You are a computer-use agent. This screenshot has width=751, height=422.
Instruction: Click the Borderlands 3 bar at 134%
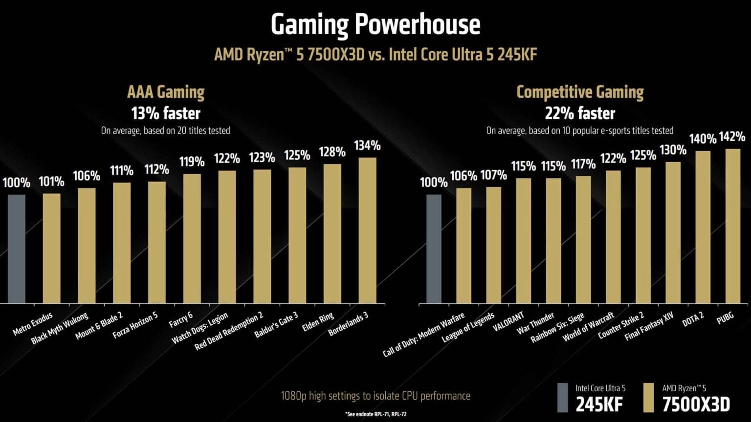(367, 230)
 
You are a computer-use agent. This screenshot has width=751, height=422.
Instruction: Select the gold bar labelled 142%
(732, 226)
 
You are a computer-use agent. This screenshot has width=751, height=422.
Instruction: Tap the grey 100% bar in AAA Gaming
(16, 249)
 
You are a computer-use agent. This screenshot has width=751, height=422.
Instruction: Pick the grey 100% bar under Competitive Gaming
(434, 249)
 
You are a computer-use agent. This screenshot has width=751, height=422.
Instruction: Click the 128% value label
(332, 152)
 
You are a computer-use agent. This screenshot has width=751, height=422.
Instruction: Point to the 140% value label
(703, 139)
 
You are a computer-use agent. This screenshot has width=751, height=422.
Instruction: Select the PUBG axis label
(725, 318)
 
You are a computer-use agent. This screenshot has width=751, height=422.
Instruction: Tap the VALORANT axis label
(508, 322)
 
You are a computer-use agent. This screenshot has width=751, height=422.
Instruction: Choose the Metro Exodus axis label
(33, 324)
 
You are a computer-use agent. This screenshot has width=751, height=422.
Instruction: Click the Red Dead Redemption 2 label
(229, 332)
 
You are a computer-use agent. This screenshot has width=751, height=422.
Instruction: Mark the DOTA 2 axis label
(693, 320)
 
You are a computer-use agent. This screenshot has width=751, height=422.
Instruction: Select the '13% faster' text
(166, 113)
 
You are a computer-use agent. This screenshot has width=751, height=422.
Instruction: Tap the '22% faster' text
(580, 113)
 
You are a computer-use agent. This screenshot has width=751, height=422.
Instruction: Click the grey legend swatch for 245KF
(563, 397)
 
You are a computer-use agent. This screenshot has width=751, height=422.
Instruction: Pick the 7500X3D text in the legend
(696, 404)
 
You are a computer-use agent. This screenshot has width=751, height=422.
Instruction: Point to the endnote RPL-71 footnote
(375, 414)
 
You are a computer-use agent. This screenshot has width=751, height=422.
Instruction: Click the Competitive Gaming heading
(580, 92)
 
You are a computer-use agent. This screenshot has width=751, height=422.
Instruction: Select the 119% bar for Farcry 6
(192, 238)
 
